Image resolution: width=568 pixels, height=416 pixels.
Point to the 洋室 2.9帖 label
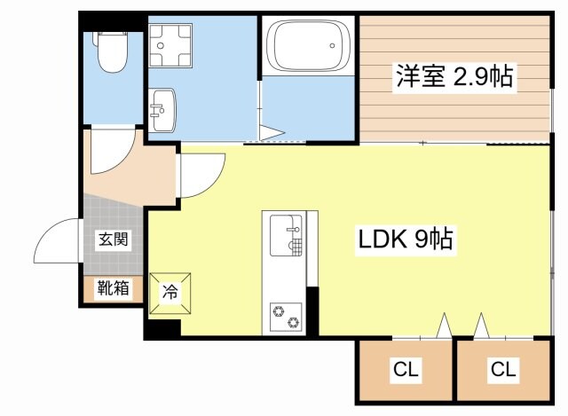tap(454, 77)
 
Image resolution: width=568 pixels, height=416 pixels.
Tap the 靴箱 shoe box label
tap(114, 288)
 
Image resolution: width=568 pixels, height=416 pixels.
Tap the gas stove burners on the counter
tap(287, 312)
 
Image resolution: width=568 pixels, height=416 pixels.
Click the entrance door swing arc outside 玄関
tap(60, 244)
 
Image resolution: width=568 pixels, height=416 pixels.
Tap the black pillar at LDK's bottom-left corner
tap(161, 329)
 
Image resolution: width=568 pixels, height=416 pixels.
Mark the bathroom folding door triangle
tap(274, 134)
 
